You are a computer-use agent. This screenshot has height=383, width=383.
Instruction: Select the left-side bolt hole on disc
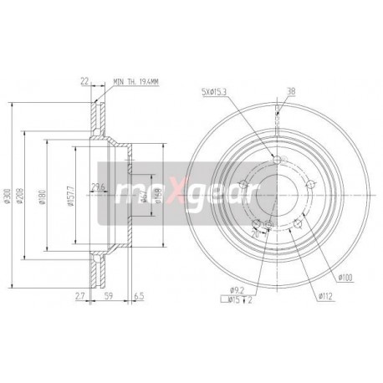click(x=243, y=186)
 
